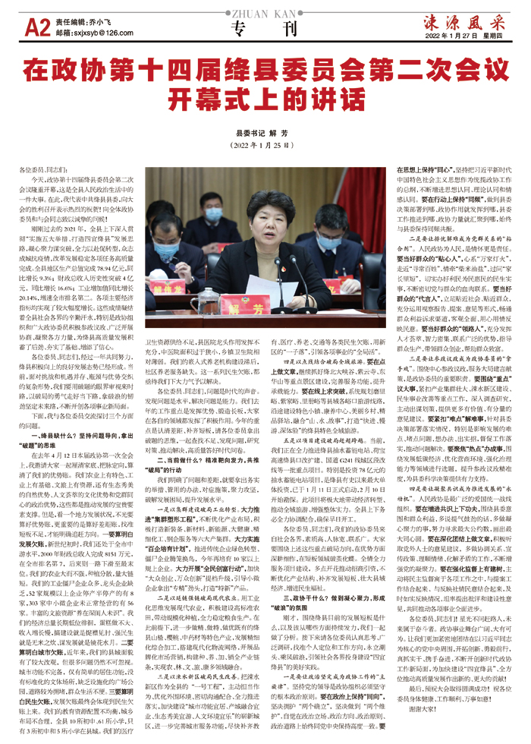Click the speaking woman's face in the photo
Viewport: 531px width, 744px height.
pyautogui.click(x=269, y=225)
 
